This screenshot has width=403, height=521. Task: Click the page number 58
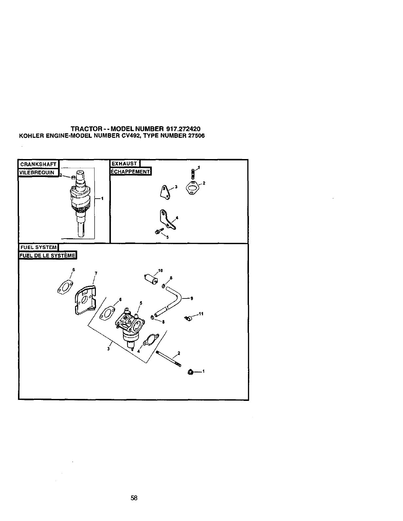[134, 498]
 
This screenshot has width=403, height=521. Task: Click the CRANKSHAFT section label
[38, 164]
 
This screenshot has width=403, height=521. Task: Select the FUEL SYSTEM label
[38, 247]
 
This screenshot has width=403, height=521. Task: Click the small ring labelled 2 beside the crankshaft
[73, 177]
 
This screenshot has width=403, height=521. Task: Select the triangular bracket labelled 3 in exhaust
[166, 191]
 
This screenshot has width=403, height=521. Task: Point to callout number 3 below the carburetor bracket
[108, 348]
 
